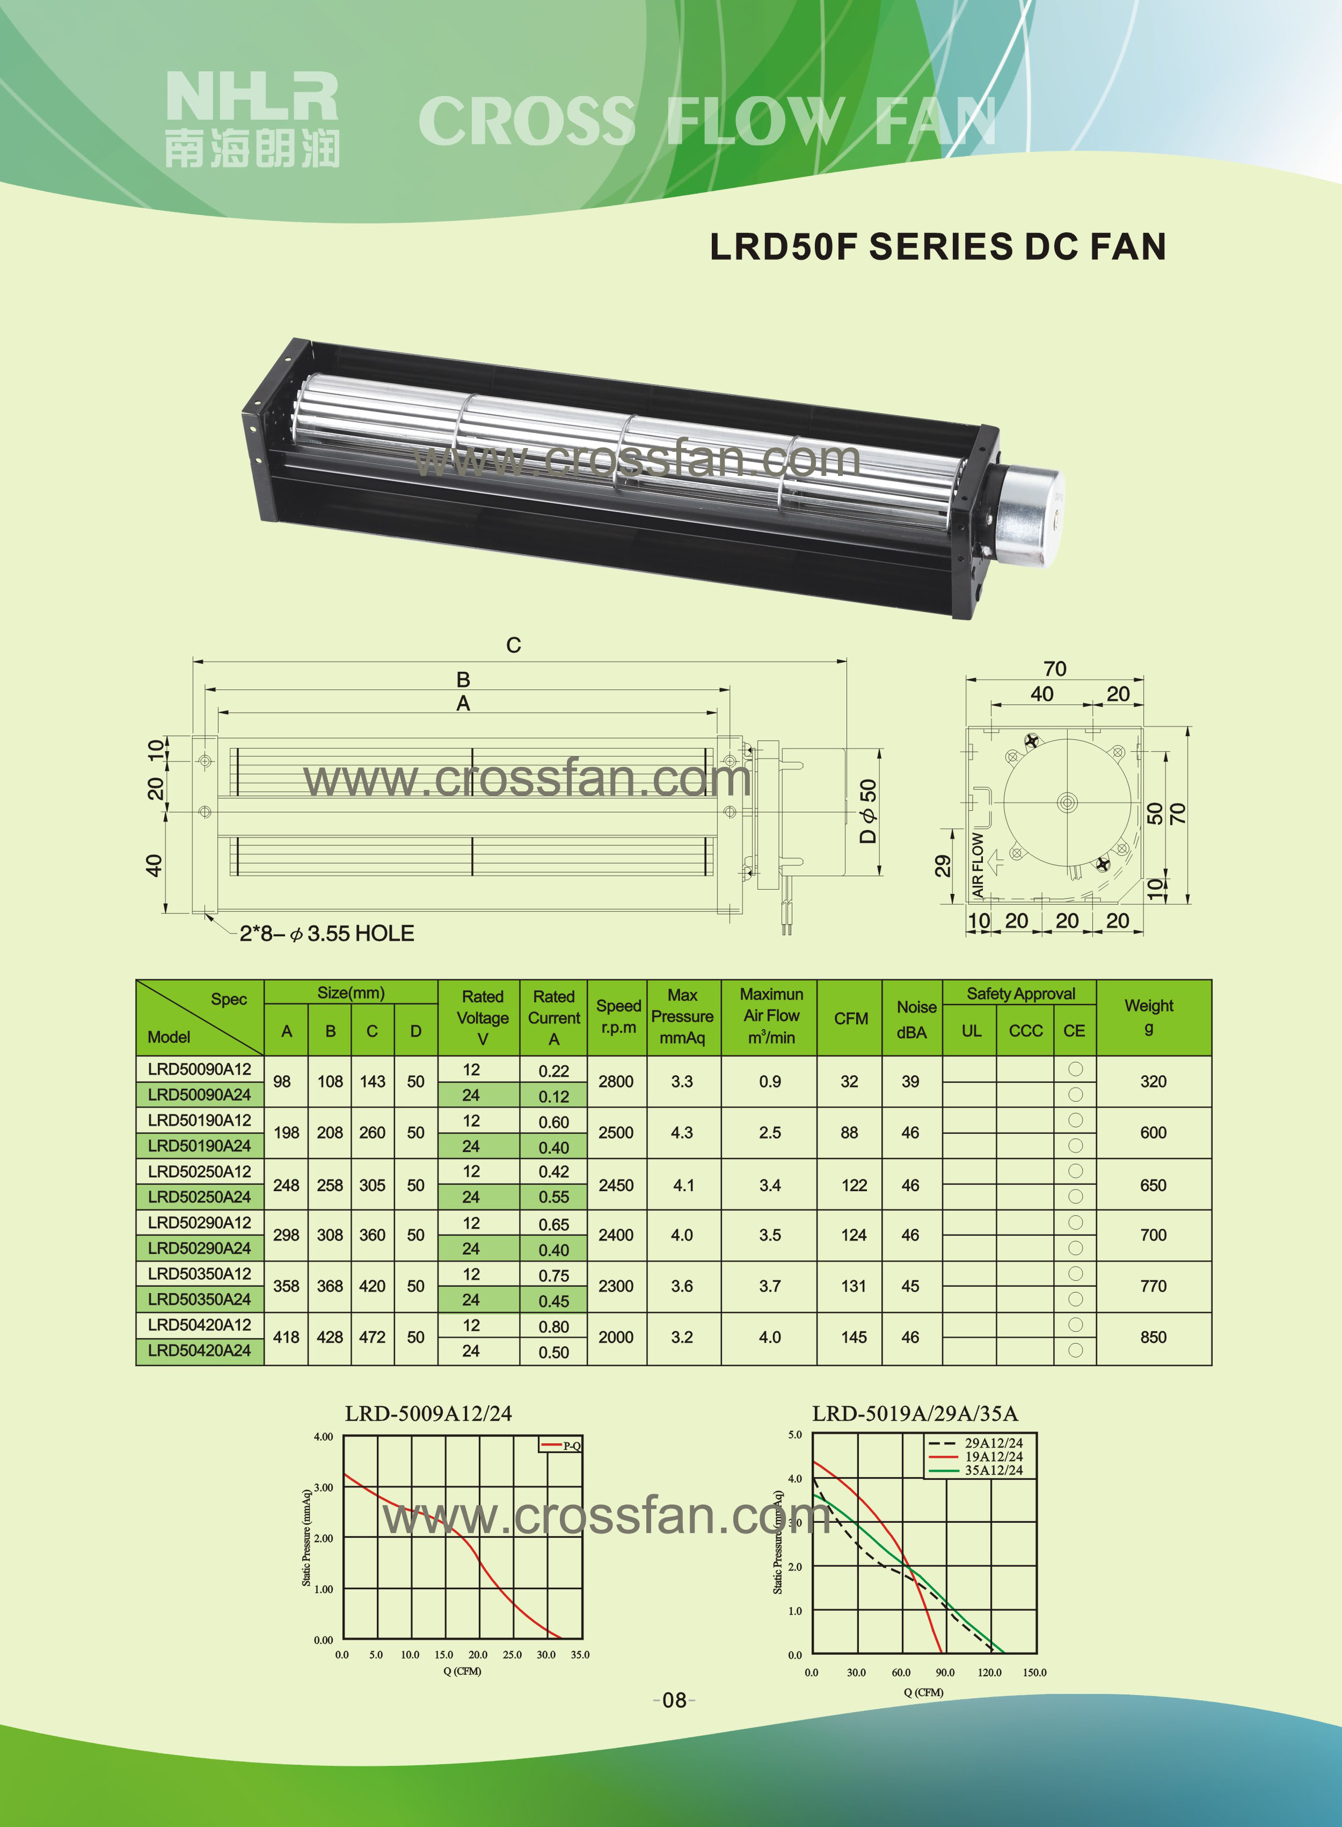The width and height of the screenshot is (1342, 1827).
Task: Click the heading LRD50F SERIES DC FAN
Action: [x=938, y=247]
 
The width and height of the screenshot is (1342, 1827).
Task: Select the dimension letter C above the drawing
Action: [x=513, y=645]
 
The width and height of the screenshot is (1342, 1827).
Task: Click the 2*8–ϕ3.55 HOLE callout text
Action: [x=326, y=934]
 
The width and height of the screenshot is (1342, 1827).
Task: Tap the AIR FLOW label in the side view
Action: [x=978, y=865]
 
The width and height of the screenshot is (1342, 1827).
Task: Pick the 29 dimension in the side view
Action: [x=942, y=867]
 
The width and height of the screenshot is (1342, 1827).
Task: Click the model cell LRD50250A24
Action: [x=199, y=1197]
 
